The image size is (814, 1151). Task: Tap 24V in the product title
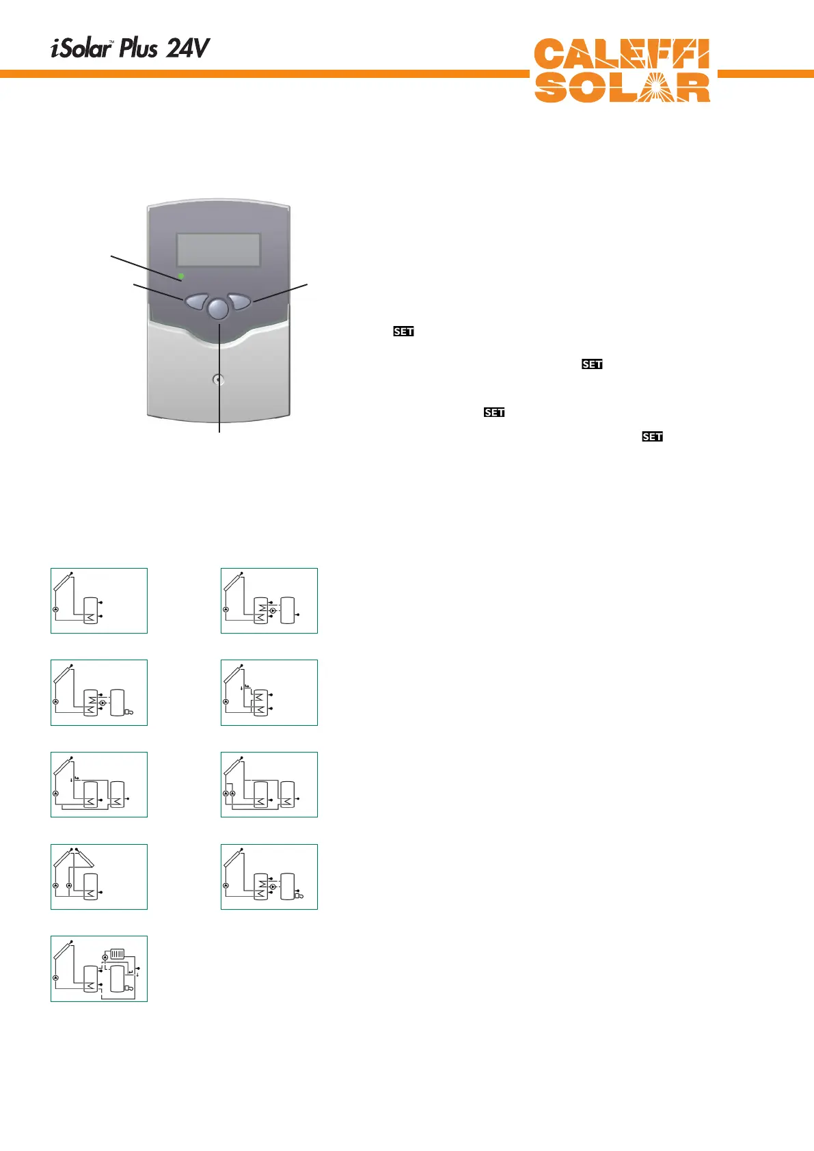pyautogui.click(x=188, y=49)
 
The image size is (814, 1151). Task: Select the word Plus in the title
pyautogui.click(x=139, y=49)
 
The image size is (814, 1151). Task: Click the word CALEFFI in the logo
pyautogui.click(x=621, y=55)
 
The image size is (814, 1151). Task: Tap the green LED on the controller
pyautogui.click(x=181, y=276)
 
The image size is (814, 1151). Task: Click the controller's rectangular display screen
pyautogui.click(x=219, y=249)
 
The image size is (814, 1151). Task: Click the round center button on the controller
pyautogui.click(x=217, y=309)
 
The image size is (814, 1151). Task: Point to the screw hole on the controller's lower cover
pyautogui.click(x=218, y=379)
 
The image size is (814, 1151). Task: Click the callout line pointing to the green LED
pyautogui.click(x=144, y=266)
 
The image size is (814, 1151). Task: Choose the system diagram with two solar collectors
pyautogui.click(x=99, y=877)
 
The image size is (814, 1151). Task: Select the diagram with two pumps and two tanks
pyautogui.click(x=269, y=785)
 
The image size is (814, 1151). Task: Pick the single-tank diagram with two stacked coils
pyautogui.click(x=269, y=692)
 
